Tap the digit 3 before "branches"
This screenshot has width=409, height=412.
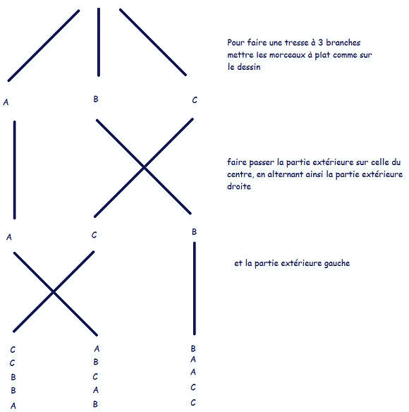pyautogui.click(x=320, y=42)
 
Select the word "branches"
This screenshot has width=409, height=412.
pyautogui.click(x=343, y=42)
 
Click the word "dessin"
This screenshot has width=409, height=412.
pyautogui.click(x=249, y=67)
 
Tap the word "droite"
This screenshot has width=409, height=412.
pyautogui.click(x=239, y=186)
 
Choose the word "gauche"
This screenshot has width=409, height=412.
pyautogui.click(x=337, y=264)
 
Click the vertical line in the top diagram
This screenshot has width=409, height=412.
pyautogui.click(x=99, y=42)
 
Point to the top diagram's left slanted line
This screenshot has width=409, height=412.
pyautogui.click(x=44, y=46)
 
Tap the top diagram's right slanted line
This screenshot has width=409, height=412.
pyautogui.click(x=153, y=42)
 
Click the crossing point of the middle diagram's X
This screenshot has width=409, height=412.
pyautogui.click(x=144, y=167)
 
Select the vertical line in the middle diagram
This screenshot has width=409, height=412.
pyautogui.click(x=14, y=170)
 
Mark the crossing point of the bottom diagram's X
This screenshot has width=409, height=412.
pyautogui.click(x=54, y=291)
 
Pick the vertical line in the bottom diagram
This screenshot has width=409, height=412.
pyautogui.click(x=195, y=289)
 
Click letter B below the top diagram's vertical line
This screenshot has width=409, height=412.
pyautogui.click(x=96, y=99)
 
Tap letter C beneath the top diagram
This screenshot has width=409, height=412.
pyautogui.click(x=195, y=100)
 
